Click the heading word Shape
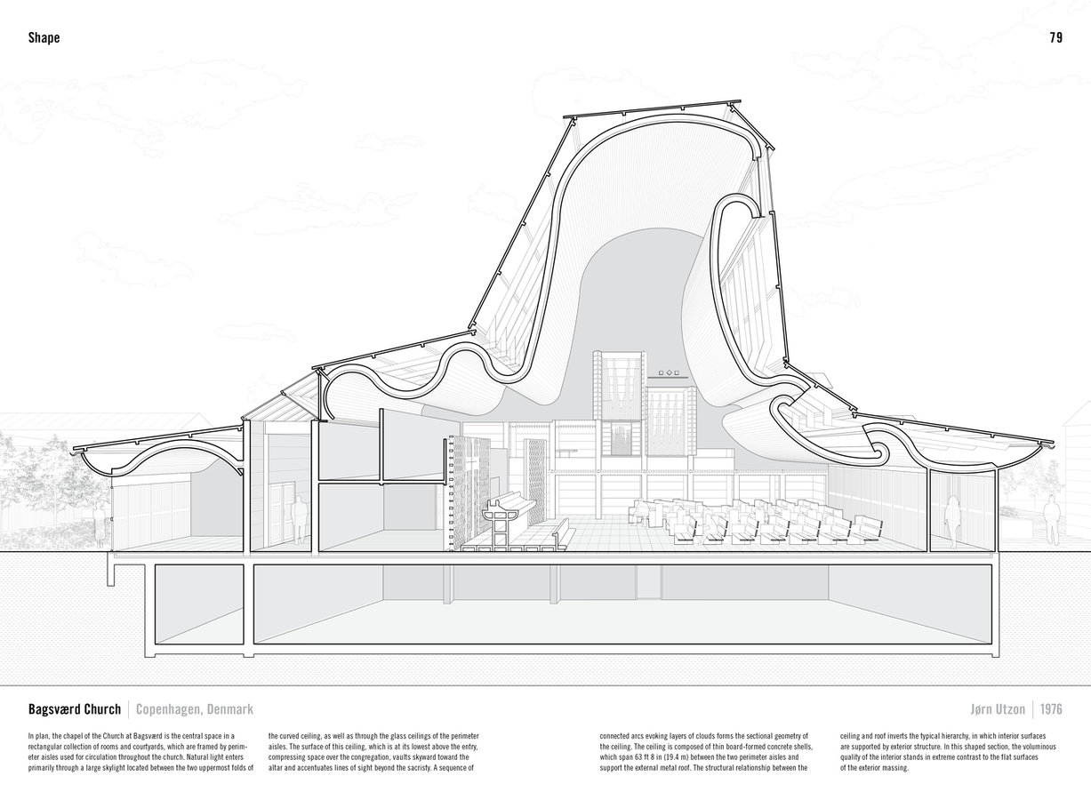tap(44, 37)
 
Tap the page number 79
tap(1056, 37)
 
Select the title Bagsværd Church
tap(75, 709)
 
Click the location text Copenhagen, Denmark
tap(195, 709)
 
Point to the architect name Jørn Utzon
tap(998, 709)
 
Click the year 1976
tap(1051, 709)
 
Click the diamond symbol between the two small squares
tap(670, 372)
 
